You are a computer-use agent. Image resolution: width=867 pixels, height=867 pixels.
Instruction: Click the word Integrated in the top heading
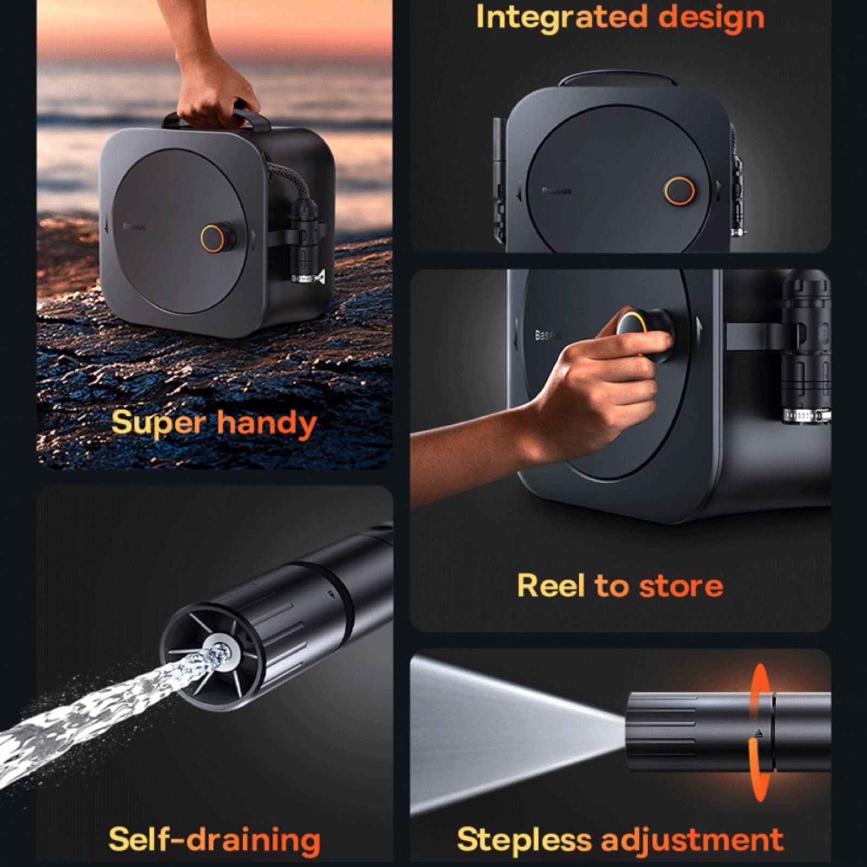562,18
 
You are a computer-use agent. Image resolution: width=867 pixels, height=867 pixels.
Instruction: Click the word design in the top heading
711,17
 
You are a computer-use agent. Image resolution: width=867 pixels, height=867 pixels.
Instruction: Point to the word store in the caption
681,586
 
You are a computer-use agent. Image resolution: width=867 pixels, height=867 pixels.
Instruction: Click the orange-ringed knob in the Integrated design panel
680,191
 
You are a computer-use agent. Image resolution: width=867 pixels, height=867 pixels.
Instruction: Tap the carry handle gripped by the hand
217,120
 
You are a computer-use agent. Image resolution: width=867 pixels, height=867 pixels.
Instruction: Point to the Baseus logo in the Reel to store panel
548,335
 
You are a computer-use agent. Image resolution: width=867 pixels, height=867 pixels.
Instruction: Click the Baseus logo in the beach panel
134,227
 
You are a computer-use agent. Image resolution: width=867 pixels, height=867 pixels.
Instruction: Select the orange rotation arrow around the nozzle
760,732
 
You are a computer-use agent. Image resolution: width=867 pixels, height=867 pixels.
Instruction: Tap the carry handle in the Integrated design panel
618,78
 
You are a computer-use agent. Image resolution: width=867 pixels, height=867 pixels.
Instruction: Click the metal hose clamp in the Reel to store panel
806,416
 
